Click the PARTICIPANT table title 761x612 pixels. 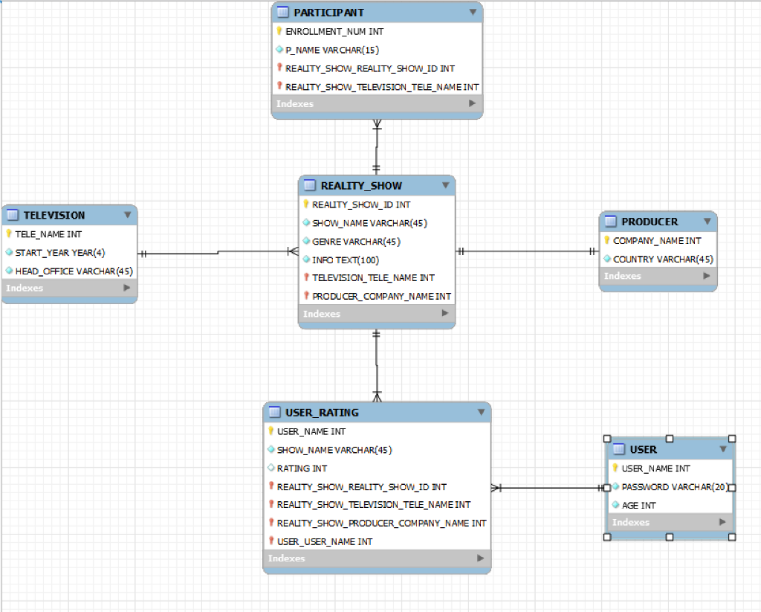[x=328, y=13]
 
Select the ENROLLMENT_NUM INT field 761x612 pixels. [x=334, y=32]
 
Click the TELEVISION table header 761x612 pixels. [x=54, y=215]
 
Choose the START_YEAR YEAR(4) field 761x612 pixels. [x=60, y=253]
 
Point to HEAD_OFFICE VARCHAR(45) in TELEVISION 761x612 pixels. [x=74, y=271]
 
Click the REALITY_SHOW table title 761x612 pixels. [x=361, y=186]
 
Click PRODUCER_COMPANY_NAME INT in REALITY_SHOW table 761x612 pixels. [x=381, y=296]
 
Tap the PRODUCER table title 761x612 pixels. [x=650, y=222]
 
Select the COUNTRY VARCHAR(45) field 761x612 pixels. [x=663, y=260]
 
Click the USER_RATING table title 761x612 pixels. [x=322, y=413]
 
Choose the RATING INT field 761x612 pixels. [x=302, y=468]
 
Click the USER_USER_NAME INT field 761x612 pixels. [x=325, y=541]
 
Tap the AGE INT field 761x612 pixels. [x=638, y=505]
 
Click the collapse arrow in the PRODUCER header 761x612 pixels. [x=706, y=222]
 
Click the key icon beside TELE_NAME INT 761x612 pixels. [x=9, y=234]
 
